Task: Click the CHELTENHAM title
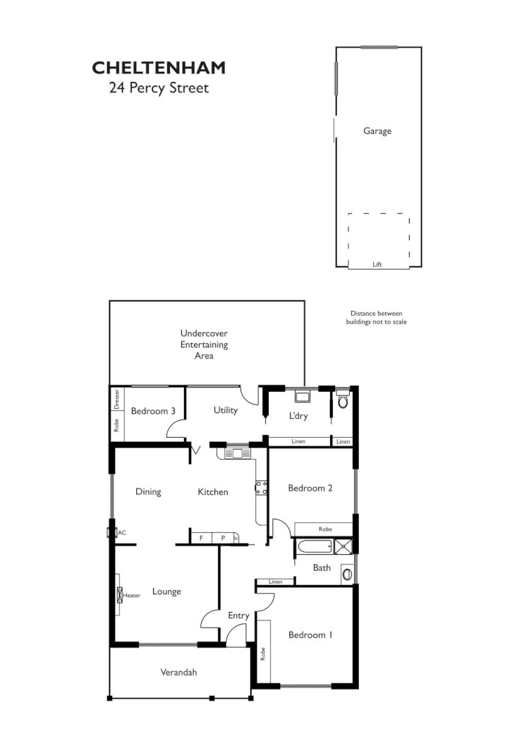coord(159,68)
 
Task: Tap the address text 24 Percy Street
coord(159,89)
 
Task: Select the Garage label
coord(377,130)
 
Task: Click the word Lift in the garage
coord(377,264)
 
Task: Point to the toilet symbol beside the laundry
coord(343,400)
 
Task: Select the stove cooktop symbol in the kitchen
coord(260,487)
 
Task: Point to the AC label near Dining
coord(121,532)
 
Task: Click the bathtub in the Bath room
coord(315,546)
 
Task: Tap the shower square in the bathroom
coord(344,546)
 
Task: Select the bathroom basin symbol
coord(346,574)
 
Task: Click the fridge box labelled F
coord(201,538)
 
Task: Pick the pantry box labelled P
coord(223,538)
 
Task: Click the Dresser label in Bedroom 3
coord(117,400)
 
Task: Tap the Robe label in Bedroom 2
coord(324,529)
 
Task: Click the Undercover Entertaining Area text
coord(204,344)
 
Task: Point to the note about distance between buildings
coord(376,317)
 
